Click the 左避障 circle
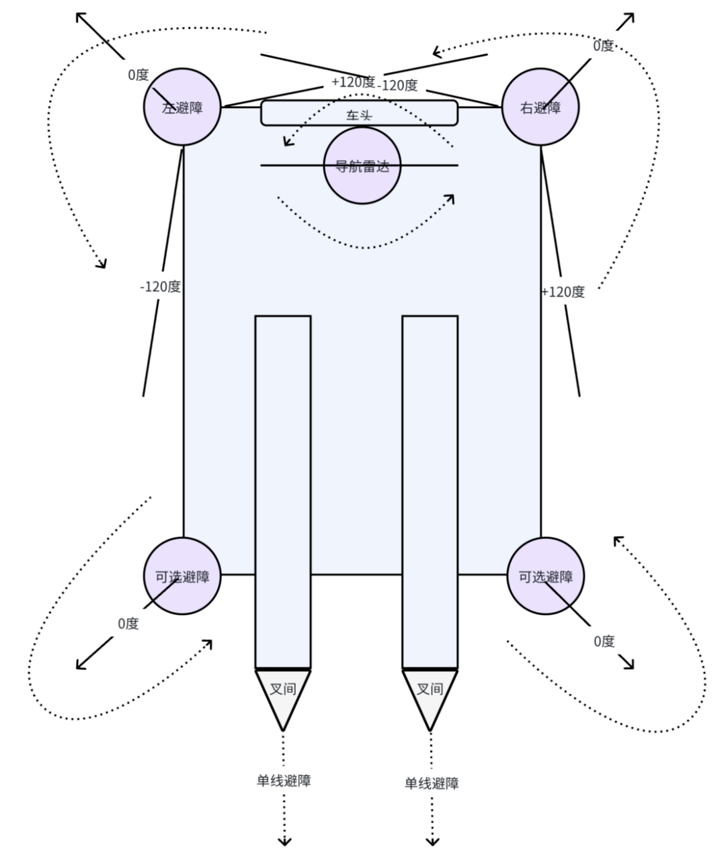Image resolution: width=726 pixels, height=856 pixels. [182, 107]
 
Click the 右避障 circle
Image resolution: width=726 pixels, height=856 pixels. [540, 107]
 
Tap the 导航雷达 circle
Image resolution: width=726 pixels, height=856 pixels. [362, 165]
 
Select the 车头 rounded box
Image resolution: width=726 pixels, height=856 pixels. [359, 114]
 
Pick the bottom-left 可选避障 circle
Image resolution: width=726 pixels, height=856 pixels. [182, 576]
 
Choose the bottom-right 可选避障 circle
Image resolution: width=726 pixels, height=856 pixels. [545, 576]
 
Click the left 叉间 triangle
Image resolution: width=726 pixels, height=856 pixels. [283, 692]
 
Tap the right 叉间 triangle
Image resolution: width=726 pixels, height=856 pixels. [430, 692]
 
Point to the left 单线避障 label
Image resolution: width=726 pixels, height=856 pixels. [284, 781]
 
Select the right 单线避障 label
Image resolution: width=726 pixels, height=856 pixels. [432, 783]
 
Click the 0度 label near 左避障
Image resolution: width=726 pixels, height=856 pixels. [138, 75]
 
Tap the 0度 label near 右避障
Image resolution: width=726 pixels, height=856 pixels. [603, 46]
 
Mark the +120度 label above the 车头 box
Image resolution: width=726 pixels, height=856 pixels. [353, 82]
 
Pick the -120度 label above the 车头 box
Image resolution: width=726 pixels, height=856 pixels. [397, 85]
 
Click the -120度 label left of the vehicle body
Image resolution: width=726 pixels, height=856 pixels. [160, 287]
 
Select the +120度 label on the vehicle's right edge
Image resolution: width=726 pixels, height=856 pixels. [563, 292]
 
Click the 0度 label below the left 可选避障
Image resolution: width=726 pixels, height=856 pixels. [128, 624]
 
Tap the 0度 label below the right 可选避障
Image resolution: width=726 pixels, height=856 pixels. [604, 641]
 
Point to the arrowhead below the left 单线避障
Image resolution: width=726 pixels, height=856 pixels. [284, 841]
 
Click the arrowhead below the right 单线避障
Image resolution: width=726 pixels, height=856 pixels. [432, 841]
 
